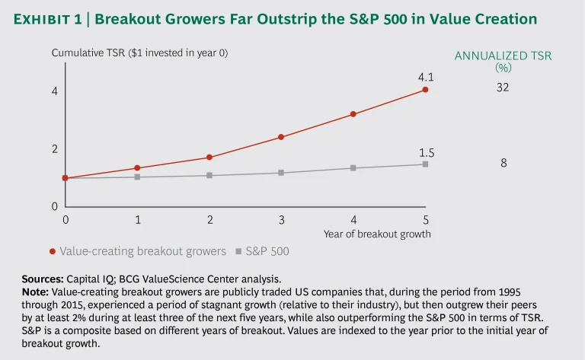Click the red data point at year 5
coord(425,90)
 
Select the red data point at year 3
coord(281,137)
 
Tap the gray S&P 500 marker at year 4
coord(353,167)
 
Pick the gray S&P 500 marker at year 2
coord(209,175)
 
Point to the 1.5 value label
coord(427,153)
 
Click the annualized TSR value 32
coord(502,88)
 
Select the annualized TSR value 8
coord(503,163)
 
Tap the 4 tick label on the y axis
coord(55,92)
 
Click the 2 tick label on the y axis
coord(55,149)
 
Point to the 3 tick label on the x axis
coord(281,219)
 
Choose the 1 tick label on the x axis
coord(137,219)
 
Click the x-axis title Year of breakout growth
coord(377,234)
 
